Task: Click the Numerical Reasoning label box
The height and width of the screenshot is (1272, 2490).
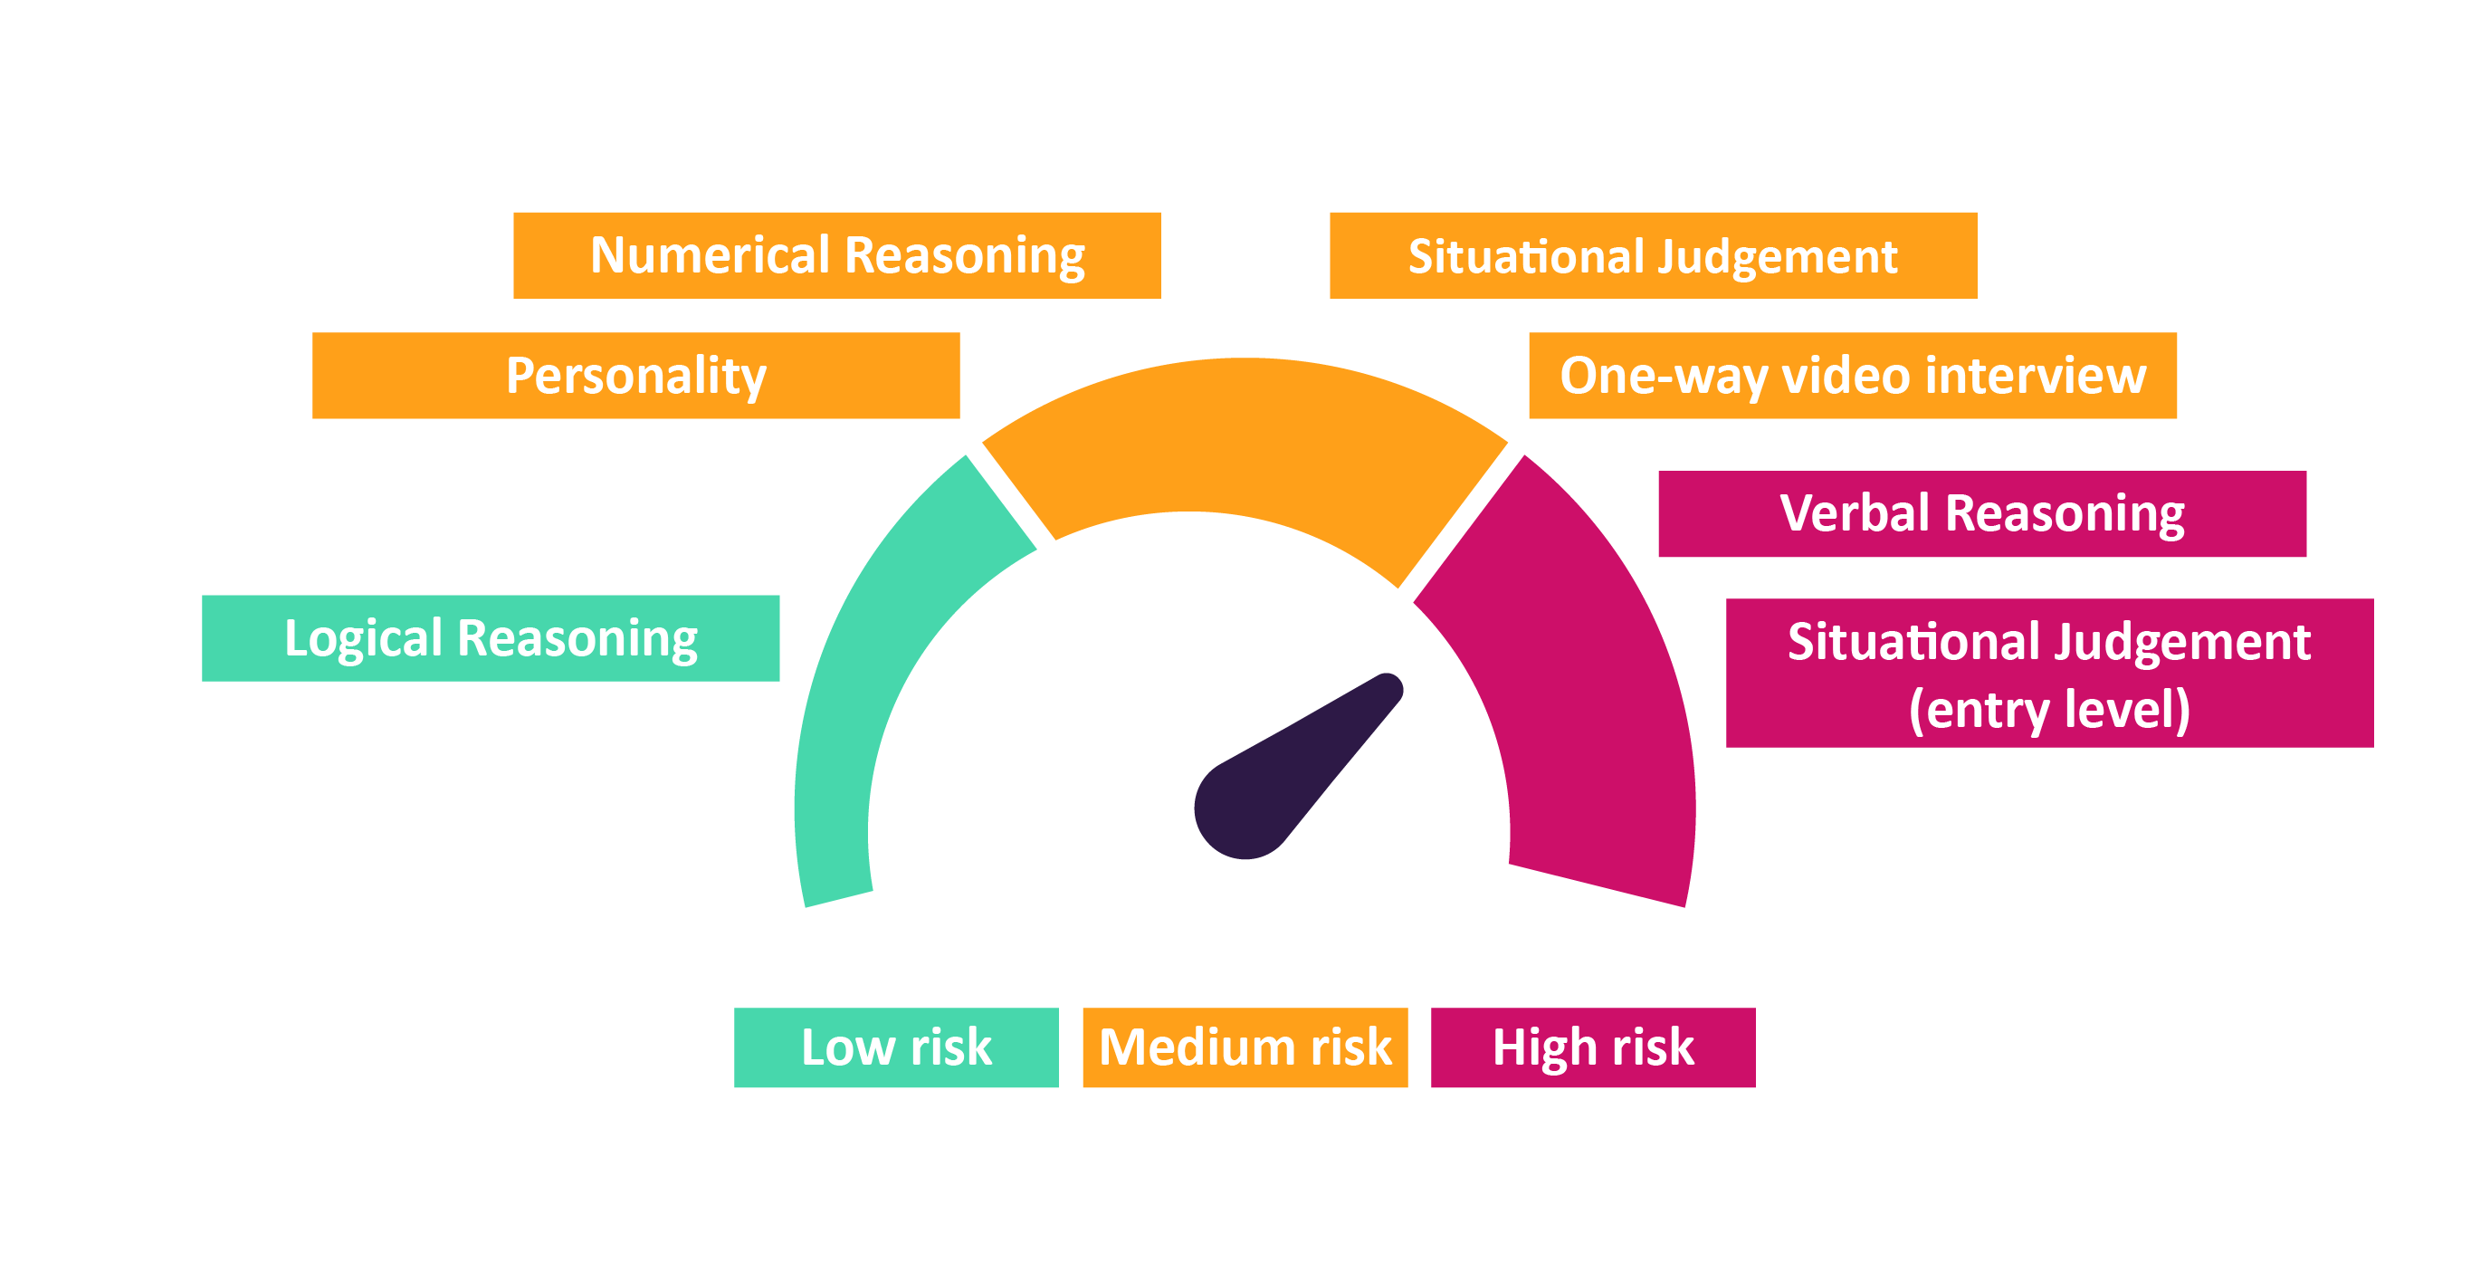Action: [836, 255]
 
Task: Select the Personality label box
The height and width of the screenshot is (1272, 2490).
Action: [635, 375]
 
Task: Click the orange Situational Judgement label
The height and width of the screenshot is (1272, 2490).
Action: [1653, 255]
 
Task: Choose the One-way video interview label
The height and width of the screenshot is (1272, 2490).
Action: [1852, 375]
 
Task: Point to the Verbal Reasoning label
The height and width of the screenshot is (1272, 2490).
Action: [1981, 513]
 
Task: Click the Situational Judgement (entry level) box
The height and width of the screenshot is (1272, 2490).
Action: [2049, 673]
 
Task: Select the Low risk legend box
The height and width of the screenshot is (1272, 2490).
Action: [896, 1047]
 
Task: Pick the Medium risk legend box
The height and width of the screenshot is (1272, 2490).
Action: [1245, 1047]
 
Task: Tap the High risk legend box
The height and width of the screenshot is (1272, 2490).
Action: [1593, 1047]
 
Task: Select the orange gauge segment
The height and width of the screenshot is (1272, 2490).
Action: [1245, 435]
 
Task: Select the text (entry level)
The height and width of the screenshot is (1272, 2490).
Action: [2049, 710]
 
